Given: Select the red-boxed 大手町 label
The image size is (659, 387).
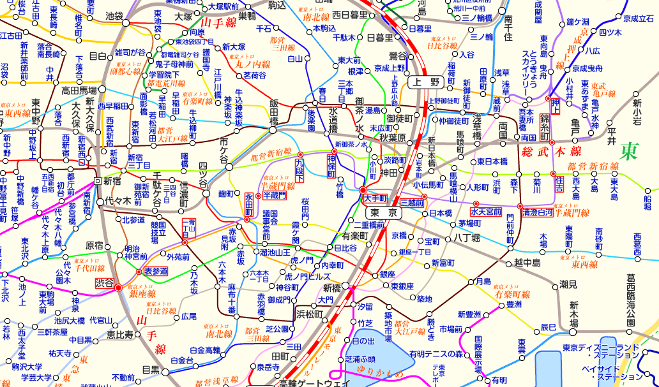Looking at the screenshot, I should click(x=375, y=199).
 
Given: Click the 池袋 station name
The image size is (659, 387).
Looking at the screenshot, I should click(x=114, y=15).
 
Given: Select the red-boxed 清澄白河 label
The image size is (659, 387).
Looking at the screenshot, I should click(x=538, y=212).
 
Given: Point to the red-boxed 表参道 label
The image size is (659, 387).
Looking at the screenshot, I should click(x=155, y=271).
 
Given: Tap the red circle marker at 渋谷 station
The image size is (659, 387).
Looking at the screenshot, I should click(x=118, y=288).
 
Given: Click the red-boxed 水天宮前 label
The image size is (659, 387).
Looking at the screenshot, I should click(x=485, y=212).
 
